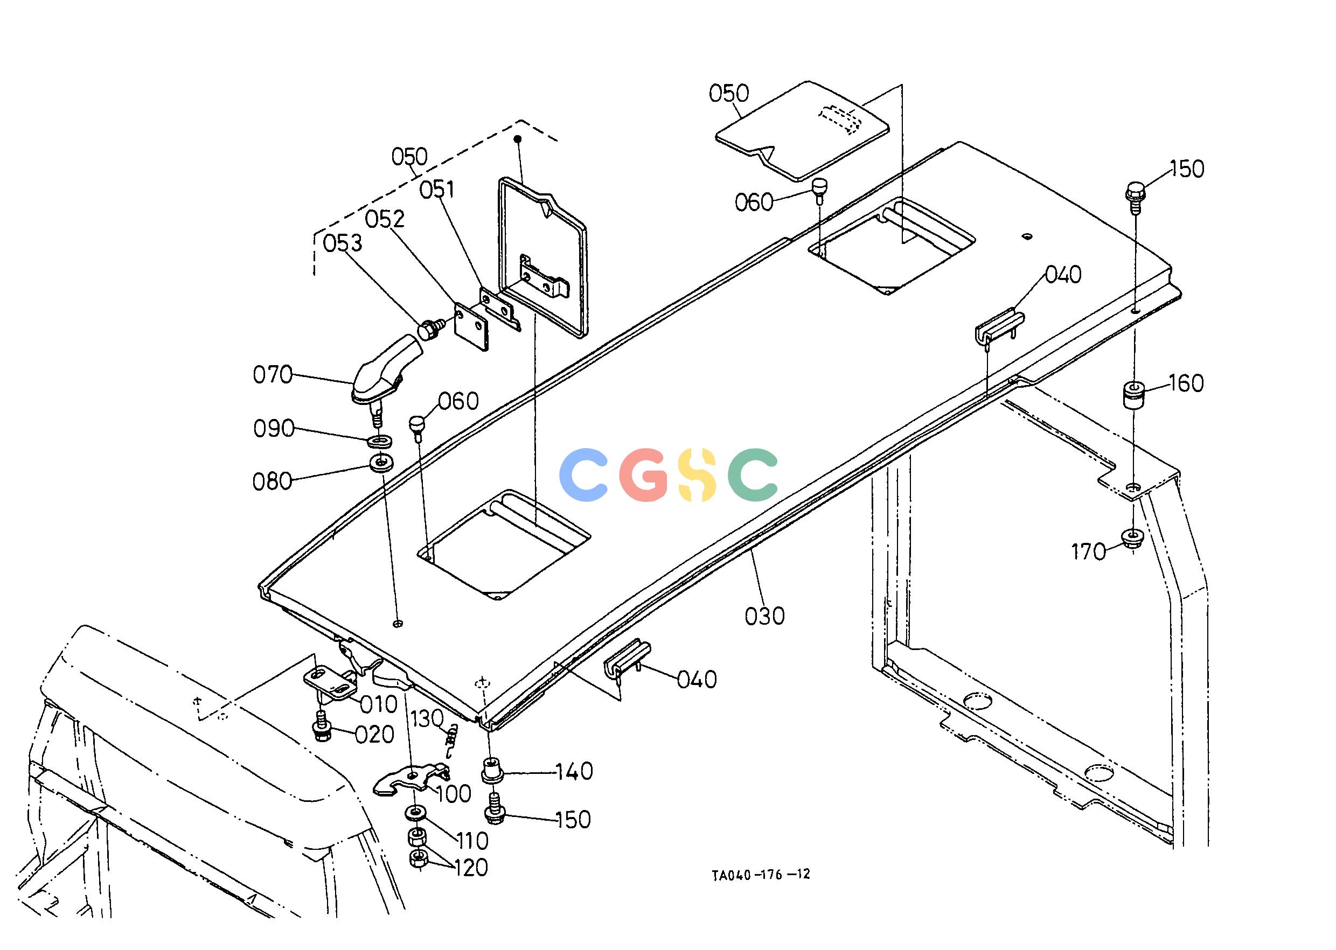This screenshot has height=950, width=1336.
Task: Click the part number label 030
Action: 765,616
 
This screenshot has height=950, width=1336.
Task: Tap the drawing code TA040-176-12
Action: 761,874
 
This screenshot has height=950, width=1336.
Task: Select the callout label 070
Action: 273,374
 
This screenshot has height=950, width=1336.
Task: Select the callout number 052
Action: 385,219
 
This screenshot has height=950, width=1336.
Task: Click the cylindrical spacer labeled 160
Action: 1133,395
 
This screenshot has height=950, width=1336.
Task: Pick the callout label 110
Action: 472,841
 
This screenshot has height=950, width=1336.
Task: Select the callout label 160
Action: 1187,383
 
